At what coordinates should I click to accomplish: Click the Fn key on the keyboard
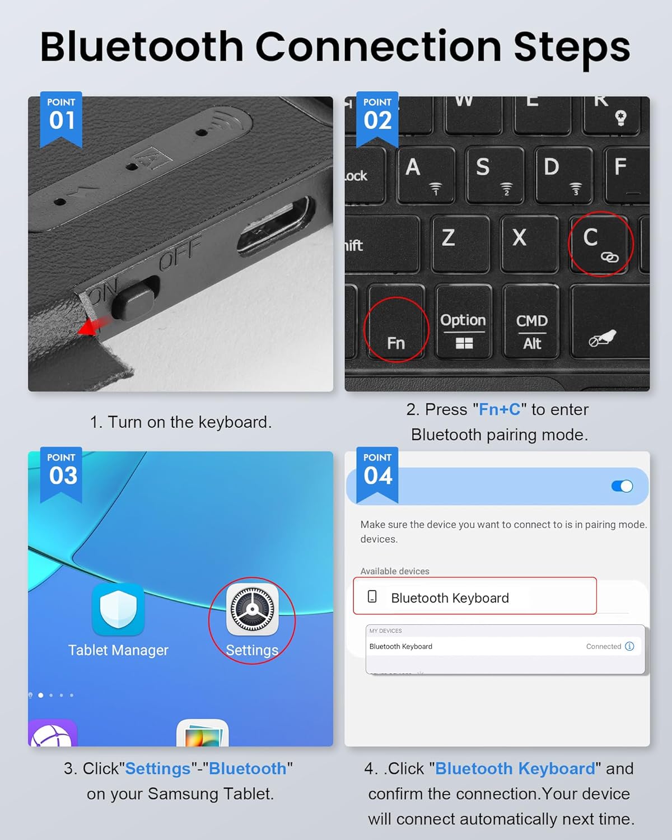396,321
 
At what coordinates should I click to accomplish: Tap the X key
530,244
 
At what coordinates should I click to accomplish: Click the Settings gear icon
252,609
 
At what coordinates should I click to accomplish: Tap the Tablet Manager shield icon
118,609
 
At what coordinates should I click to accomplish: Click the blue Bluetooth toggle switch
622,486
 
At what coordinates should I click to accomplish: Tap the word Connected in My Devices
603,646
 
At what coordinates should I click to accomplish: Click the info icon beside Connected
629,646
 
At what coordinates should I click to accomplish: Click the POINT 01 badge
61,119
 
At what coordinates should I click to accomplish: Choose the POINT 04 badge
377,475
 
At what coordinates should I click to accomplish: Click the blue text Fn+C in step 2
500,409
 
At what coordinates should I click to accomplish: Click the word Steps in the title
572,48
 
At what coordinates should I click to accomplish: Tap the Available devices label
395,571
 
